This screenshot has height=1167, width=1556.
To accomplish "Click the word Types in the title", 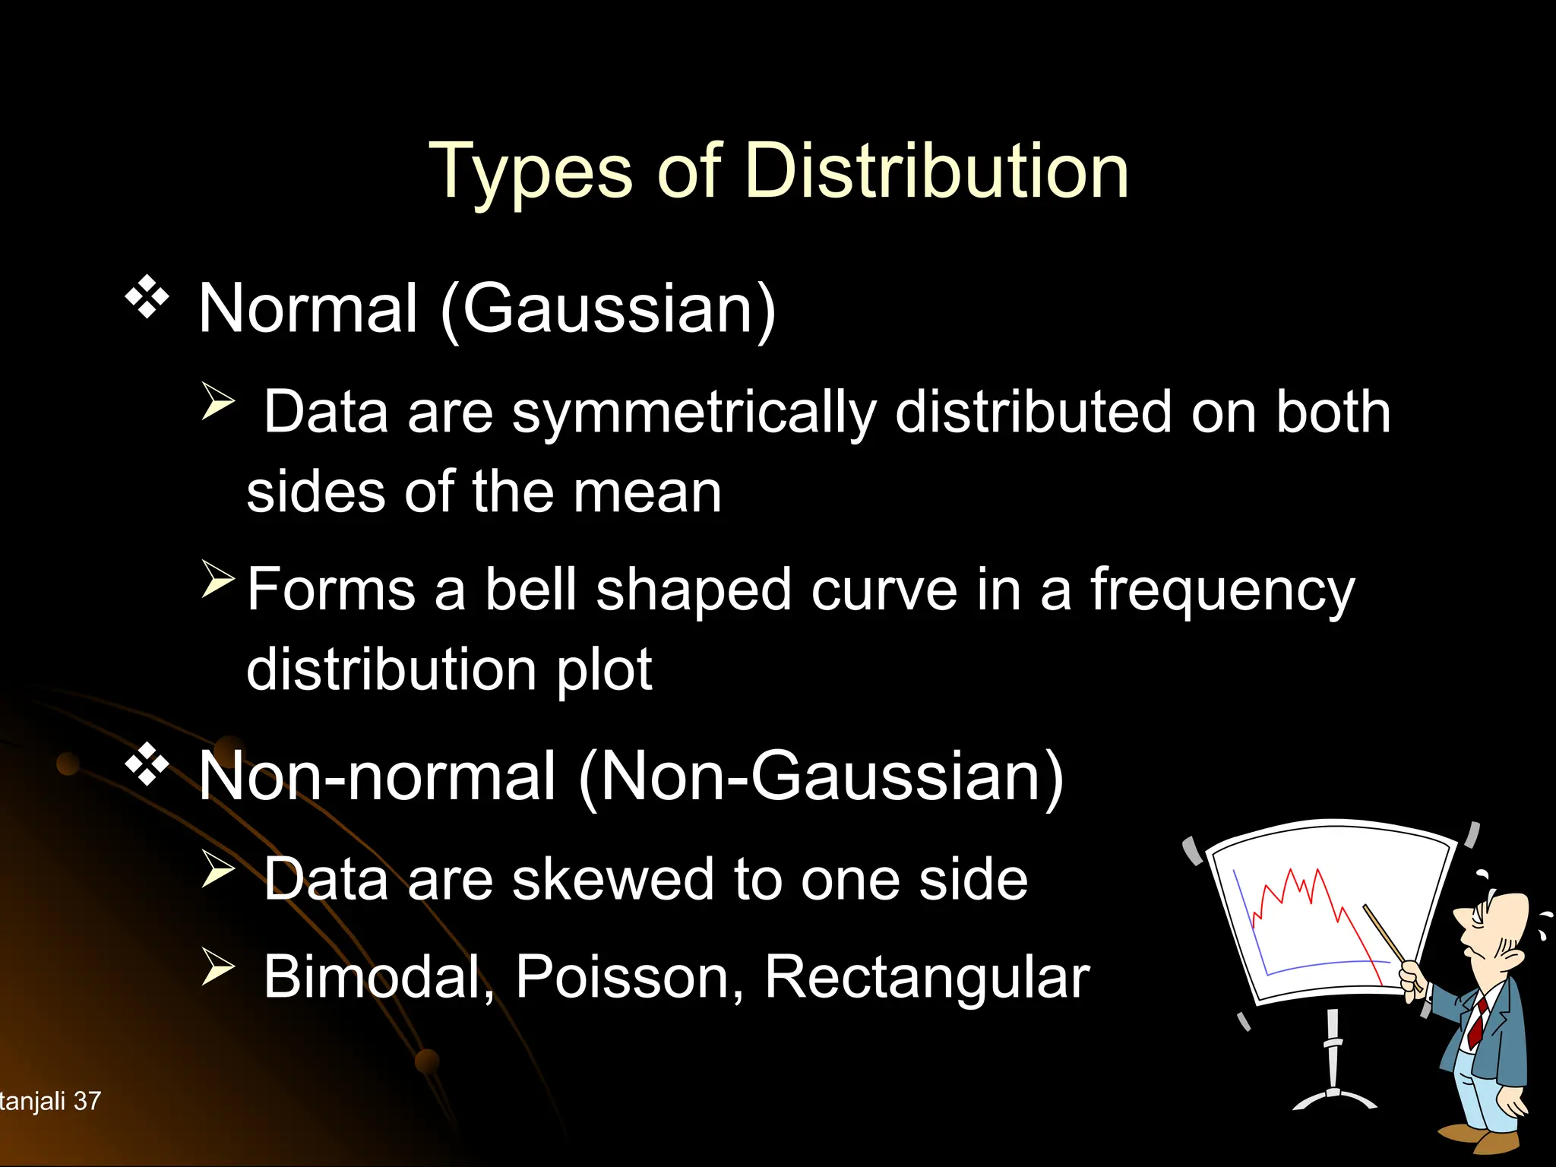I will pos(530,173).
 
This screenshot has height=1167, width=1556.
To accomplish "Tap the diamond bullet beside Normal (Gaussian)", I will pos(147,299).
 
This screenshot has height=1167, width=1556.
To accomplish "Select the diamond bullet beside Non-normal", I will pos(147,766).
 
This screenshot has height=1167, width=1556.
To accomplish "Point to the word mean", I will pos(647,492).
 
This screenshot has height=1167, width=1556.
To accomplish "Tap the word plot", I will pos(604,671).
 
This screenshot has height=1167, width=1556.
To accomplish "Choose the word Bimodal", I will pos(378,978).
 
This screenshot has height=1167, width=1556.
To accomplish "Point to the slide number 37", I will pos(87,1101).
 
